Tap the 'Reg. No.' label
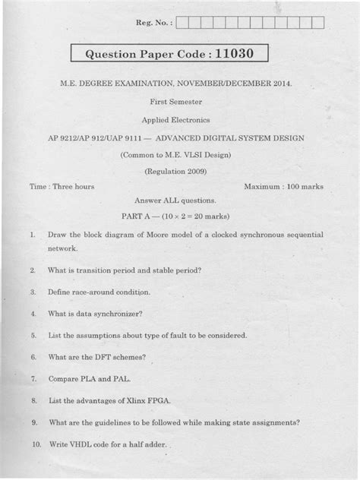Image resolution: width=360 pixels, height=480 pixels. [x=153, y=24]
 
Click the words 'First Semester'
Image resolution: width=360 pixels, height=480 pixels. [x=179, y=101]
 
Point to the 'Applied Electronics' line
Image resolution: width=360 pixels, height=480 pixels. [x=179, y=119]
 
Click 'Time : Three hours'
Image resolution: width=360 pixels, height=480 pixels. [x=62, y=186]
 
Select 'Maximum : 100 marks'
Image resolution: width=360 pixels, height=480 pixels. [x=284, y=186]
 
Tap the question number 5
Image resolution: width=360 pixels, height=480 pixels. [x=34, y=334]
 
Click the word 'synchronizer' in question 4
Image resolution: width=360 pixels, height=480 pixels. [x=117, y=313]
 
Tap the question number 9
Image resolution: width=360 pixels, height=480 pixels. [x=34, y=422]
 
